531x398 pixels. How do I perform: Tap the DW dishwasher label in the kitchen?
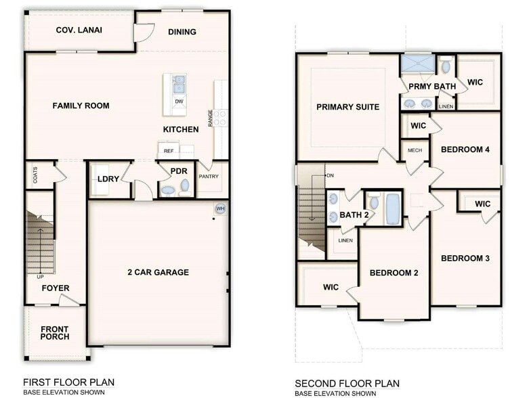tap(179, 102)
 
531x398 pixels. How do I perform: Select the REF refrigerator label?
tap(168, 151)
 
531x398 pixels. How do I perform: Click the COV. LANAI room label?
tap(75, 30)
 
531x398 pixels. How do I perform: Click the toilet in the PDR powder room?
tap(185, 186)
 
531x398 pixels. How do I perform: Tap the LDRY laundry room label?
tap(108, 179)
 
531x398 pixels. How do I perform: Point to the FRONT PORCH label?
tap(54, 333)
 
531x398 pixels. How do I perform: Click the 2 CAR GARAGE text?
tap(158, 273)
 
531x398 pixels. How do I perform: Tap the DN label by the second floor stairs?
tap(331, 175)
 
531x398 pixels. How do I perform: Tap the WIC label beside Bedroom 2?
tap(331, 287)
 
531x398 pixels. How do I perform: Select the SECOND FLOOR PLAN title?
tap(347, 383)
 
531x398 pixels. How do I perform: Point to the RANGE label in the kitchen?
tap(211, 118)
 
